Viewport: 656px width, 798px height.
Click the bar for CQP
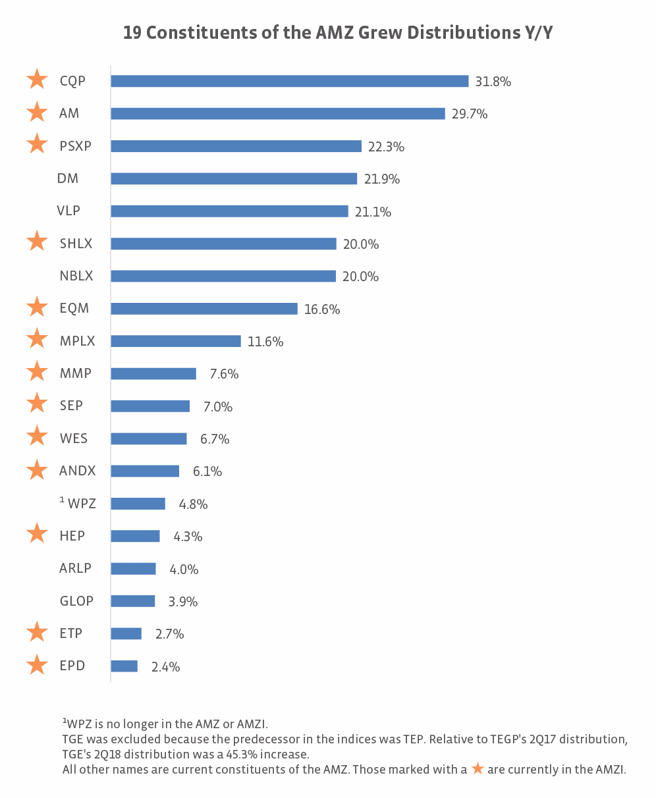(x=289, y=81)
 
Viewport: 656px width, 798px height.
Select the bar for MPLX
(x=176, y=341)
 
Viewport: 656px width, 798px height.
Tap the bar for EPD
(x=124, y=666)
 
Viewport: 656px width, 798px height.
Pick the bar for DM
(x=234, y=178)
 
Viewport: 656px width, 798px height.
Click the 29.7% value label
(x=470, y=114)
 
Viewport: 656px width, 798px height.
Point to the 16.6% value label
(x=322, y=309)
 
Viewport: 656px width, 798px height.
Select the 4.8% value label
(x=193, y=504)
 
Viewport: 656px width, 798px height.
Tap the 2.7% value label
(x=169, y=634)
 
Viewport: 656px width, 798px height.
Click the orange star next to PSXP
(x=37, y=144)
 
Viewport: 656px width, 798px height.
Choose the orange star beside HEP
(x=37, y=534)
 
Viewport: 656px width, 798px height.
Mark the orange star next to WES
(x=37, y=437)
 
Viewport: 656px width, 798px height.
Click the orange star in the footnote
(x=478, y=768)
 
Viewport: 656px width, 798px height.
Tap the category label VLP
(x=68, y=211)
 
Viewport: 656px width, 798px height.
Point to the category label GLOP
(x=76, y=601)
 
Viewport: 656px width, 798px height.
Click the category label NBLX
(x=76, y=277)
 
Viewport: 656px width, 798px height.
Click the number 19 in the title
(x=132, y=33)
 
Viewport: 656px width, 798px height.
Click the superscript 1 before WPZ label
(x=62, y=501)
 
